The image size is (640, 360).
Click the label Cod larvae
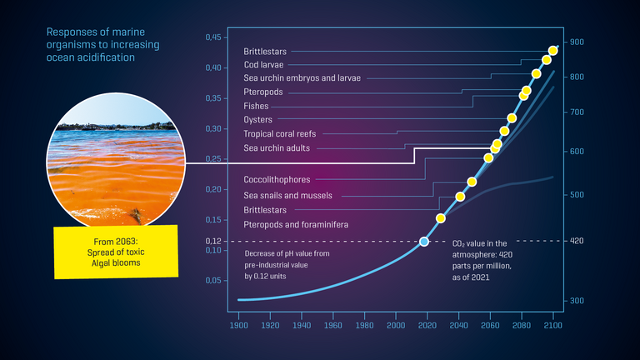click(x=263, y=64)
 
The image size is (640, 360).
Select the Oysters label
click(x=257, y=120)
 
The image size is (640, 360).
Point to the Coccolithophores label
click(x=277, y=180)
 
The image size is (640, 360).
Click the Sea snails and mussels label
click(x=287, y=196)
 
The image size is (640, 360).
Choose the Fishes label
click(x=256, y=106)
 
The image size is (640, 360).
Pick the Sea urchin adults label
click(x=277, y=148)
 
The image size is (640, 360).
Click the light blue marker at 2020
click(x=424, y=242)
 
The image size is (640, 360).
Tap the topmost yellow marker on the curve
click(x=553, y=51)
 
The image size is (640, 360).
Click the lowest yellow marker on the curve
click(x=442, y=218)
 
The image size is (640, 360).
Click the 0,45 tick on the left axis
click(x=214, y=37)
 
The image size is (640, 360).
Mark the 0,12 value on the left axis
click(x=214, y=241)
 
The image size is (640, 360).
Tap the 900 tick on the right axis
click(x=577, y=42)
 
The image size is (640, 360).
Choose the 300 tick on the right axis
click(x=577, y=300)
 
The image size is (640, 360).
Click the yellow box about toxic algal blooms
click(x=116, y=252)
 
